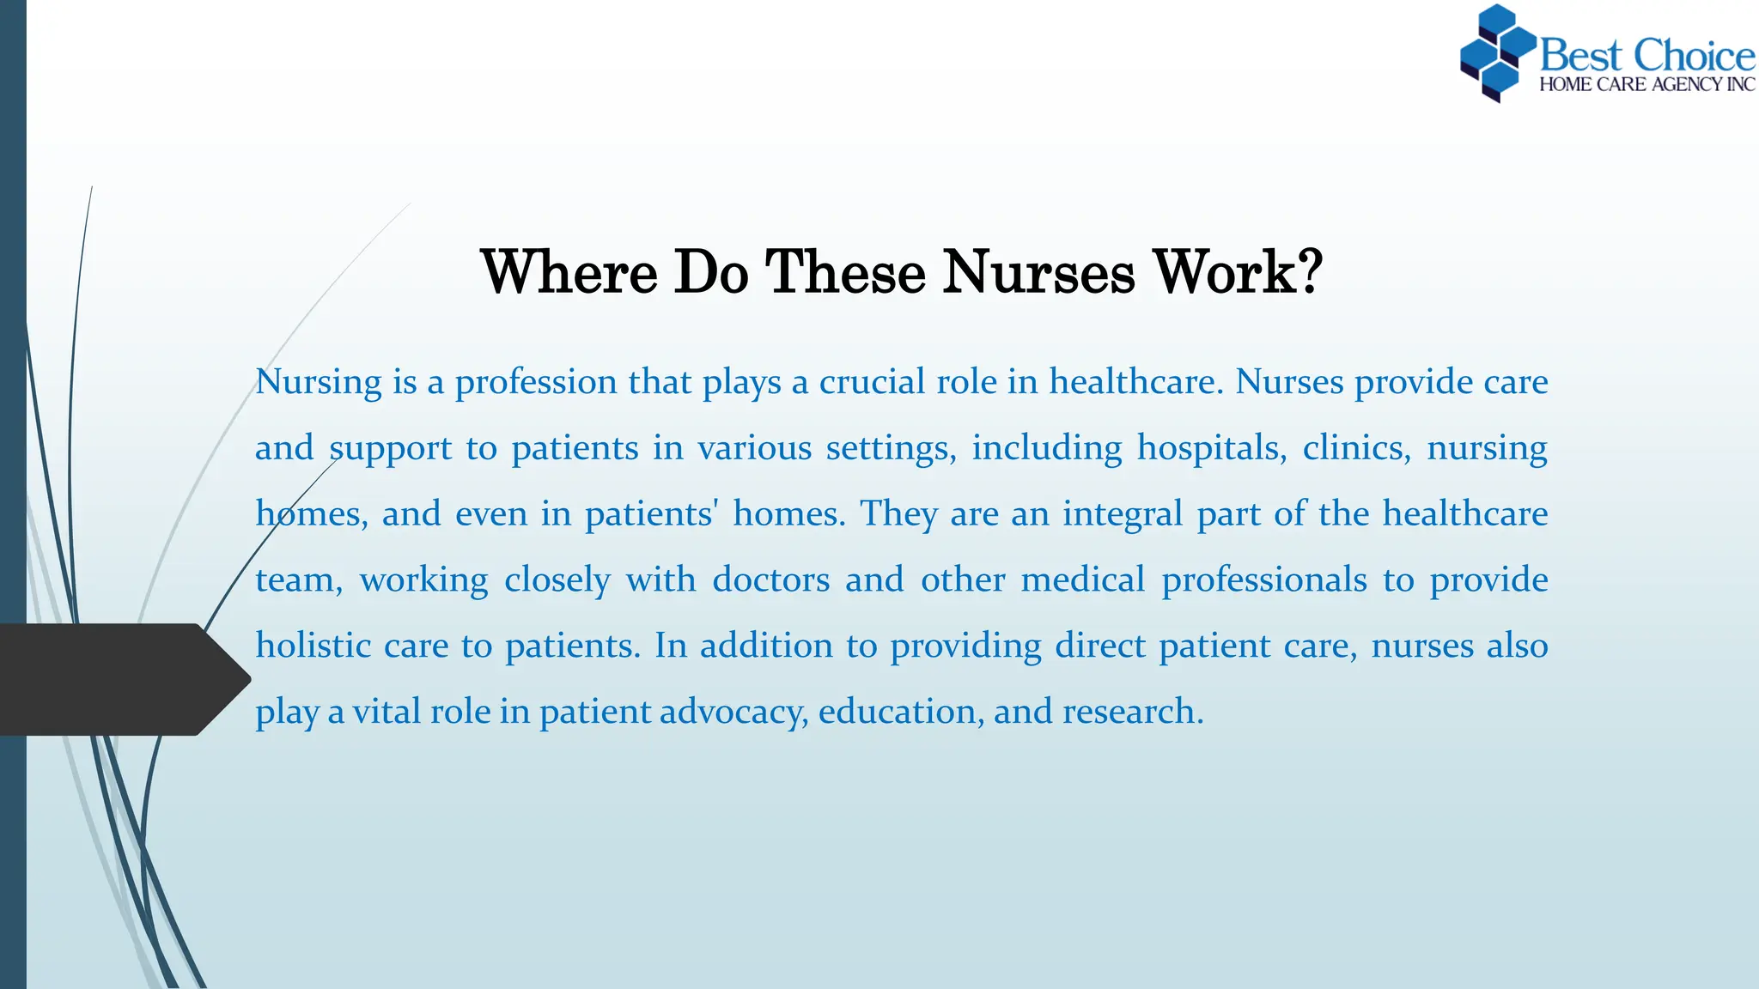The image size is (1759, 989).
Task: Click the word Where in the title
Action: pyautogui.click(x=569, y=272)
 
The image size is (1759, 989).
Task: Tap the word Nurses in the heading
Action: pyautogui.click(x=1038, y=272)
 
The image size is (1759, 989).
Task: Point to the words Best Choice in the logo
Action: pyautogui.click(x=1646, y=55)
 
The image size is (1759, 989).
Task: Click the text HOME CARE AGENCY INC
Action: pyautogui.click(x=1646, y=84)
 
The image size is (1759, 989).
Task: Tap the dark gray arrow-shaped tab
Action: pyautogui.click(x=120, y=679)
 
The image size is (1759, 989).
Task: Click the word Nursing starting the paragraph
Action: pyautogui.click(x=318, y=382)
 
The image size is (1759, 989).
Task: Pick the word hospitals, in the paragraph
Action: pyautogui.click(x=1212, y=448)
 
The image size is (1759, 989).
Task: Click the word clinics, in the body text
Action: pyautogui.click(x=1356, y=448)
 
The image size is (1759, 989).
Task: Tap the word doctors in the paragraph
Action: pyautogui.click(x=770, y=579)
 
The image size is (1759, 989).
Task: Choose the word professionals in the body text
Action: pyautogui.click(x=1263, y=579)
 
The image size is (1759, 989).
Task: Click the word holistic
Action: pyautogui.click(x=313, y=646)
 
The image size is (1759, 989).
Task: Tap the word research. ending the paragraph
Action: pyautogui.click(x=1133, y=712)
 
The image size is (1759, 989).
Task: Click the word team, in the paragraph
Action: pyautogui.click(x=298, y=579)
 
